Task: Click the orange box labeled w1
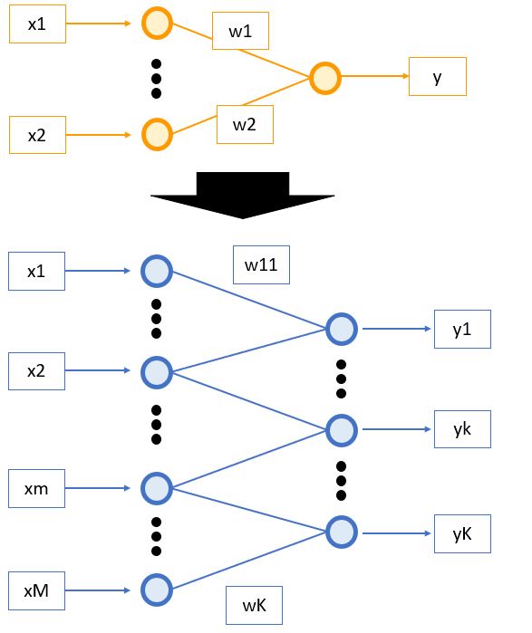pos(240,31)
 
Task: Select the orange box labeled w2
pos(245,124)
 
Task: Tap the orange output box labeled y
pos(438,76)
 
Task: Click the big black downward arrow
pos(242,195)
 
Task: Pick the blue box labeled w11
pos(261,264)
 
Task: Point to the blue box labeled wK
pos(254,605)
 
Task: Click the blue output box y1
pos(462,329)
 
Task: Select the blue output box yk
pos(462,429)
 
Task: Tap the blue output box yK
pos(462,533)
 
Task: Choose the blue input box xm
pos(36,488)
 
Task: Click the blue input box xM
pos(36,590)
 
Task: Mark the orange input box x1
pos(37,24)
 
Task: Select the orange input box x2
pos(37,135)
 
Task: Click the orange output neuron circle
pos(325,78)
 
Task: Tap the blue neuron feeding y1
pos(342,329)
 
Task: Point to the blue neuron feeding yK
pos(342,532)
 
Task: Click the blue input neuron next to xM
pos(157,590)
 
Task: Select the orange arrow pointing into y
pos(375,76)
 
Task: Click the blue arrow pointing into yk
pos(396,429)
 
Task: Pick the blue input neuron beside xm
pos(157,488)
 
